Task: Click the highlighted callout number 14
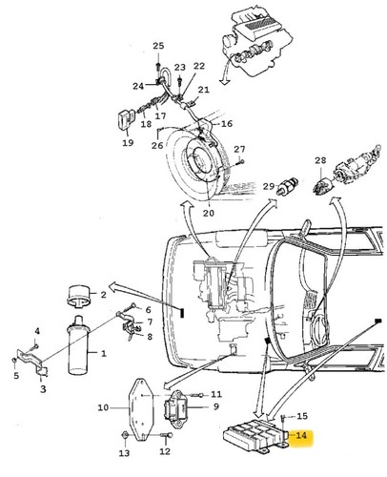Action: (x=301, y=435)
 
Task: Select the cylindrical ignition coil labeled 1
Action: (x=77, y=345)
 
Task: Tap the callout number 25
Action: (x=158, y=46)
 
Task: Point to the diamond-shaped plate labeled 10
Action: (x=139, y=410)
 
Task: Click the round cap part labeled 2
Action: (x=78, y=297)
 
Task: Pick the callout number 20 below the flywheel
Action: (x=209, y=213)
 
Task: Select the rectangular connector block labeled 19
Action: (x=126, y=121)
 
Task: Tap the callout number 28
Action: (x=320, y=160)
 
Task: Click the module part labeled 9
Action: (x=175, y=410)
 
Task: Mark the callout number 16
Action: (x=227, y=123)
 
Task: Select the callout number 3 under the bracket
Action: (x=43, y=388)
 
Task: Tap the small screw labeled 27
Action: (x=240, y=162)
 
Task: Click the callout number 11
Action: (x=216, y=394)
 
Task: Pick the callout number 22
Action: (x=199, y=66)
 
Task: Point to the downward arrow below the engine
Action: (x=224, y=73)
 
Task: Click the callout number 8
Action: (x=150, y=336)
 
